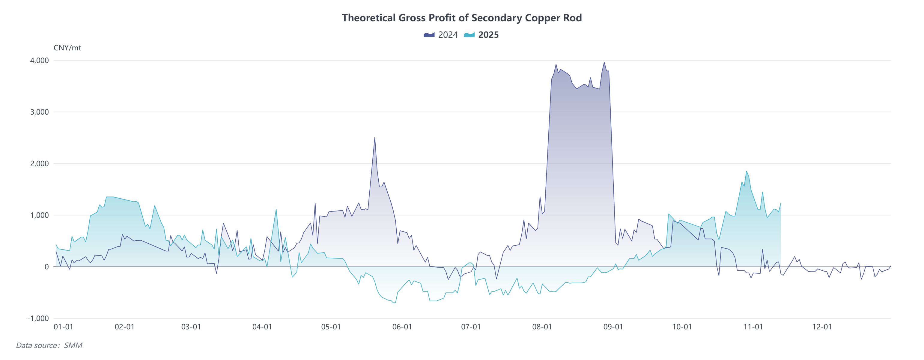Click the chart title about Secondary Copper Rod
pyautogui.click(x=462, y=18)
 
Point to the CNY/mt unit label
pyautogui.click(x=67, y=48)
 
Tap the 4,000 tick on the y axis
pyautogui.click(x=40, y=60)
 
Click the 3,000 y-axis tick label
pyautogui.click(x=40, y=112)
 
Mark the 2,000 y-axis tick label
pyautogui.click(x=40, y=164)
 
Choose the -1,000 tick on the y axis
pyautogui.click(x=38, y=318)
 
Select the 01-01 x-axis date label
pyautogui.click(x=63, y=327)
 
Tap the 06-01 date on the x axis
pyautogui.click(x=402, y=327)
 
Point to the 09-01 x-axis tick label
pyautogui.click(x=613, y=327)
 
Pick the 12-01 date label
pyautogui.click(x=821, y=327)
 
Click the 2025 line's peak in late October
pyautogui.click(x=747, y=171)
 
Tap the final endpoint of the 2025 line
pyautogui.click(x=780, y=203)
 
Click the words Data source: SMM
pyautogui.click(x=49, y=345)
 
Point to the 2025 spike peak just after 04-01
pyautogui.click(x=276, y=209)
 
